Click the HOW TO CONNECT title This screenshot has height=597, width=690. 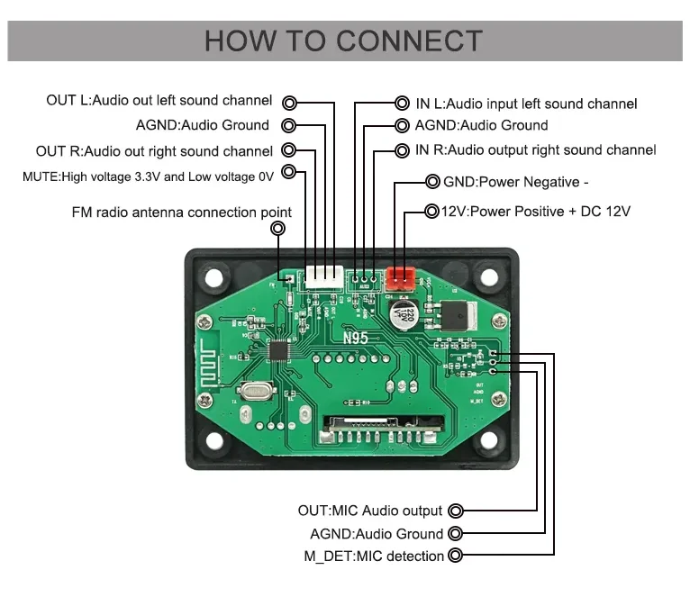(x=343, y=41)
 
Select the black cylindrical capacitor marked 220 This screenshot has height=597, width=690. (x=403, y=312)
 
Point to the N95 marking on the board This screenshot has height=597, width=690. (x=355, y=339)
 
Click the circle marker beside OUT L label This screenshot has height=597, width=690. (x=289, y=102)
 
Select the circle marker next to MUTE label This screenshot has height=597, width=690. (x=289, y=171)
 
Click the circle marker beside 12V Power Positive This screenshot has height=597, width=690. (x=431, y=212)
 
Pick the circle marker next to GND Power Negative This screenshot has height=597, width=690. (x=431, y=182)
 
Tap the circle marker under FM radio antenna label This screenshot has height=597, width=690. (x=277, y=230)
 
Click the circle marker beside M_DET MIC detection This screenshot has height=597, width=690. (x=455, y=556)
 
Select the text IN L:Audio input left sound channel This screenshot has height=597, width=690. (x=526, y=104)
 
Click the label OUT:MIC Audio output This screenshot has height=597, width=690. (x=370, y=511)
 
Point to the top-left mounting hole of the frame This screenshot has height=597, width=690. (x=213, y=276)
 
